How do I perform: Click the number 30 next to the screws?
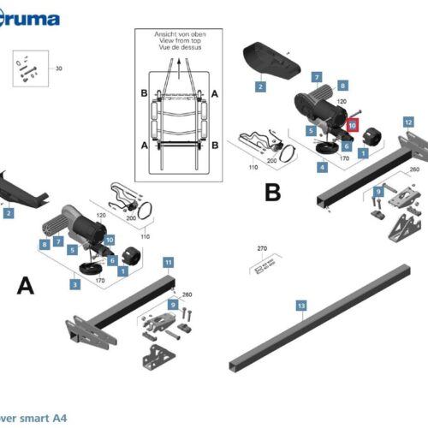pos(59,68)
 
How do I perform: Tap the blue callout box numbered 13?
pos(300,305)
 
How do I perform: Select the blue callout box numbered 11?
pos(169,261)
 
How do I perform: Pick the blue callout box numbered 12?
pos(408,122)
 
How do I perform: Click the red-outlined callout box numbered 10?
pos(351,124)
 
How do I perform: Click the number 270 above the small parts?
pos(263,250)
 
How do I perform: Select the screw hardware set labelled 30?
pos(26,68)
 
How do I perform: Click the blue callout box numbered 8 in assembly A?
pos(44,244)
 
